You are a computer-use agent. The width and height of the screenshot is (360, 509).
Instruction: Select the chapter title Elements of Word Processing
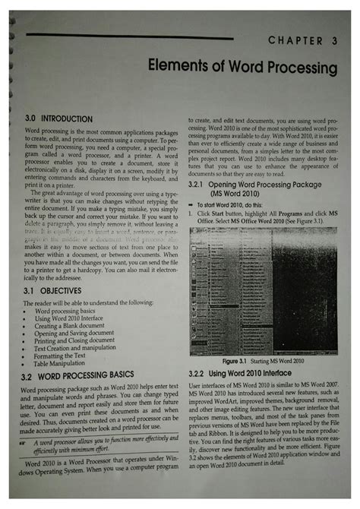tap(242, 68)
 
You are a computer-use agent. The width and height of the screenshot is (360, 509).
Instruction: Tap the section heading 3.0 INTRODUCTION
tap(55, 119)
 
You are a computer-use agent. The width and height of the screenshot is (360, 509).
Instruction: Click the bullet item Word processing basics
tap(74, 311)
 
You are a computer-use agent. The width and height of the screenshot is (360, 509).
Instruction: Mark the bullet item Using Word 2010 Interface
tap(81, 318)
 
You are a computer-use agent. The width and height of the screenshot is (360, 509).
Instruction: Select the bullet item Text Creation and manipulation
tap(86, 347)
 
